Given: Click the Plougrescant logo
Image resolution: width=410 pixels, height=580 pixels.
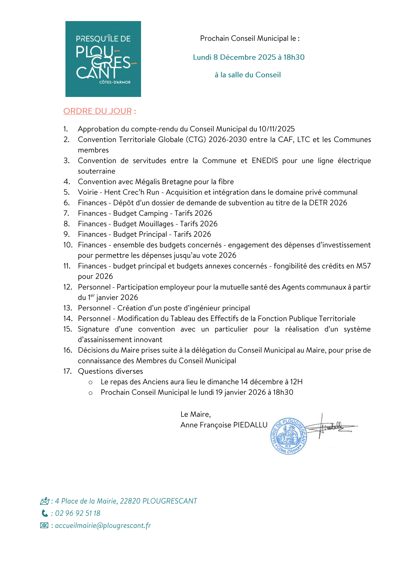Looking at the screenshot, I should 103,59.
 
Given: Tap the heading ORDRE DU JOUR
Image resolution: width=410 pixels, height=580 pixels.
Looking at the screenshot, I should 97,111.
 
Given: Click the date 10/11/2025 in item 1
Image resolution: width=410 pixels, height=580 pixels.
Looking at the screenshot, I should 277,129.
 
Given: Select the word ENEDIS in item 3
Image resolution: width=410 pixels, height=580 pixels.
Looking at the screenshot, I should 264,161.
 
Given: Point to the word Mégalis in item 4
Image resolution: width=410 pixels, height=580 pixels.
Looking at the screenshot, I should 148,182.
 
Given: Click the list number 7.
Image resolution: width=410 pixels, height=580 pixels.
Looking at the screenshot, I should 66,214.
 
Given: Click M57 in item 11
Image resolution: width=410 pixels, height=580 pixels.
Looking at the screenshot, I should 363,266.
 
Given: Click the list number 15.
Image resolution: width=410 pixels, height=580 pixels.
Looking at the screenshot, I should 68,329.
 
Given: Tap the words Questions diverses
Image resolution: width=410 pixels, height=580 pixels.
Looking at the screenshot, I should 110,371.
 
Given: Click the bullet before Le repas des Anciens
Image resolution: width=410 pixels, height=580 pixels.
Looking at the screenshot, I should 90,382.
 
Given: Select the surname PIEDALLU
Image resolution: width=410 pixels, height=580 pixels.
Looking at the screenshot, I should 250,425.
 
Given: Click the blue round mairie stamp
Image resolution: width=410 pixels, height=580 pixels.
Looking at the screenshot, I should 289,436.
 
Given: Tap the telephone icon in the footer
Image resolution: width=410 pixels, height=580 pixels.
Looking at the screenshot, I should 44,513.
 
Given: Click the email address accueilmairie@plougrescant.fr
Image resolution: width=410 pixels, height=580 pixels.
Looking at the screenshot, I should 103,526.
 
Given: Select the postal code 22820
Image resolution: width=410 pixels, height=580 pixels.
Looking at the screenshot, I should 130,501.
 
